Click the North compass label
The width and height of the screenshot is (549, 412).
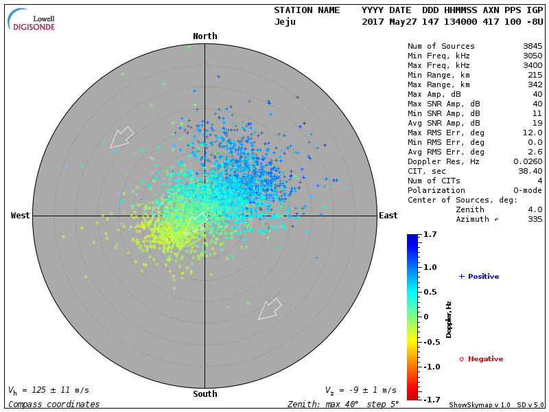pos(205,36)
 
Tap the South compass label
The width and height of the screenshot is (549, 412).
pos(205,394)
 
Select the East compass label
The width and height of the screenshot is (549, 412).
pos(388,216)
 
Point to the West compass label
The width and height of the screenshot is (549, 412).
pos(21,216)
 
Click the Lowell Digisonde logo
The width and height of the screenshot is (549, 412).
pos(32,20)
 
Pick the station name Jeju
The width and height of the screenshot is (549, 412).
pos(285,22)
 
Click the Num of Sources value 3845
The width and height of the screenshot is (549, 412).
pos(532,47)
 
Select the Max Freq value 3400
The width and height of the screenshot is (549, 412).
pos(532,66)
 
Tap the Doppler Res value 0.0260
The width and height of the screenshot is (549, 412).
pos(528,162)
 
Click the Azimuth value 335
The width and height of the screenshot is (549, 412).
pos(535,220)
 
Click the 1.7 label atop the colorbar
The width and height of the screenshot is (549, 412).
pos(431,235)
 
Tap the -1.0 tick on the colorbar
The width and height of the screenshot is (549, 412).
pos(431,367)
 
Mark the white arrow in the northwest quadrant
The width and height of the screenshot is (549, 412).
pos(121,137)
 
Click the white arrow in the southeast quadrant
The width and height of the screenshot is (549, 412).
pos(270,309)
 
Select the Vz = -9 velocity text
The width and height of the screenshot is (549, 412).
pos(360,391)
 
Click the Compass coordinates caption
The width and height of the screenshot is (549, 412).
pos(54,404)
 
